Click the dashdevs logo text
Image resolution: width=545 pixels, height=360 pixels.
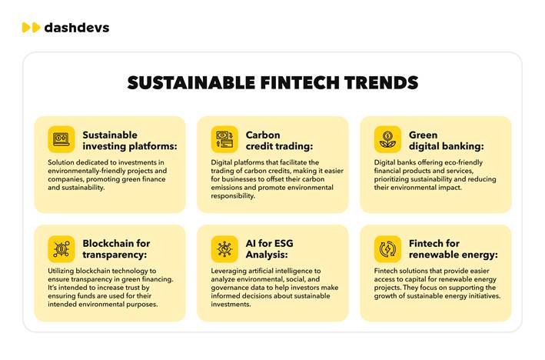77,28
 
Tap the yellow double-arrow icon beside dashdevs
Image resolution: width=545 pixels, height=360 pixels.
31,28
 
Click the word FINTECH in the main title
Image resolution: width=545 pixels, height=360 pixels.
300,83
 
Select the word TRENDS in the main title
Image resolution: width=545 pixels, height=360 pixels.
381,83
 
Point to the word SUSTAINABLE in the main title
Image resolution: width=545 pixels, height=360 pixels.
191,83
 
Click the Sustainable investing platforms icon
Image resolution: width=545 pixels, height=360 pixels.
61,139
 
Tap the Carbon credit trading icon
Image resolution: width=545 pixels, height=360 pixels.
224,139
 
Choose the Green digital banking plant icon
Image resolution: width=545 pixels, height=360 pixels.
387,139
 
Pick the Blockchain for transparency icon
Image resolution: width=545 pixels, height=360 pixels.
61,249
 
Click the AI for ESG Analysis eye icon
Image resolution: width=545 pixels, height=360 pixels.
224,249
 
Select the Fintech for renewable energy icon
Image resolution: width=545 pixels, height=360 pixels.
387,249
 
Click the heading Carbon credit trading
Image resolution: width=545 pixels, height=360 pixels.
279,141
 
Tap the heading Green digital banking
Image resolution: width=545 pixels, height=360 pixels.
447,141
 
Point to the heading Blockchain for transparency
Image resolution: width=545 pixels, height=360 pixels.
116,249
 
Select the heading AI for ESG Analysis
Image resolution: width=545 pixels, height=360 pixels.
269,249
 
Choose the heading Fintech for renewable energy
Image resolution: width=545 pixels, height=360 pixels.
454,249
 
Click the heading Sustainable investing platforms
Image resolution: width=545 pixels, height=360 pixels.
130,141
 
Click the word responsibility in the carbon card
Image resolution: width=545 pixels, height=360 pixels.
233,196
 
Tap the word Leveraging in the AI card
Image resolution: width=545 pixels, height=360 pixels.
228,271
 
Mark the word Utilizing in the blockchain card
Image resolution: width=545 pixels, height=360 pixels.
61,271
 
